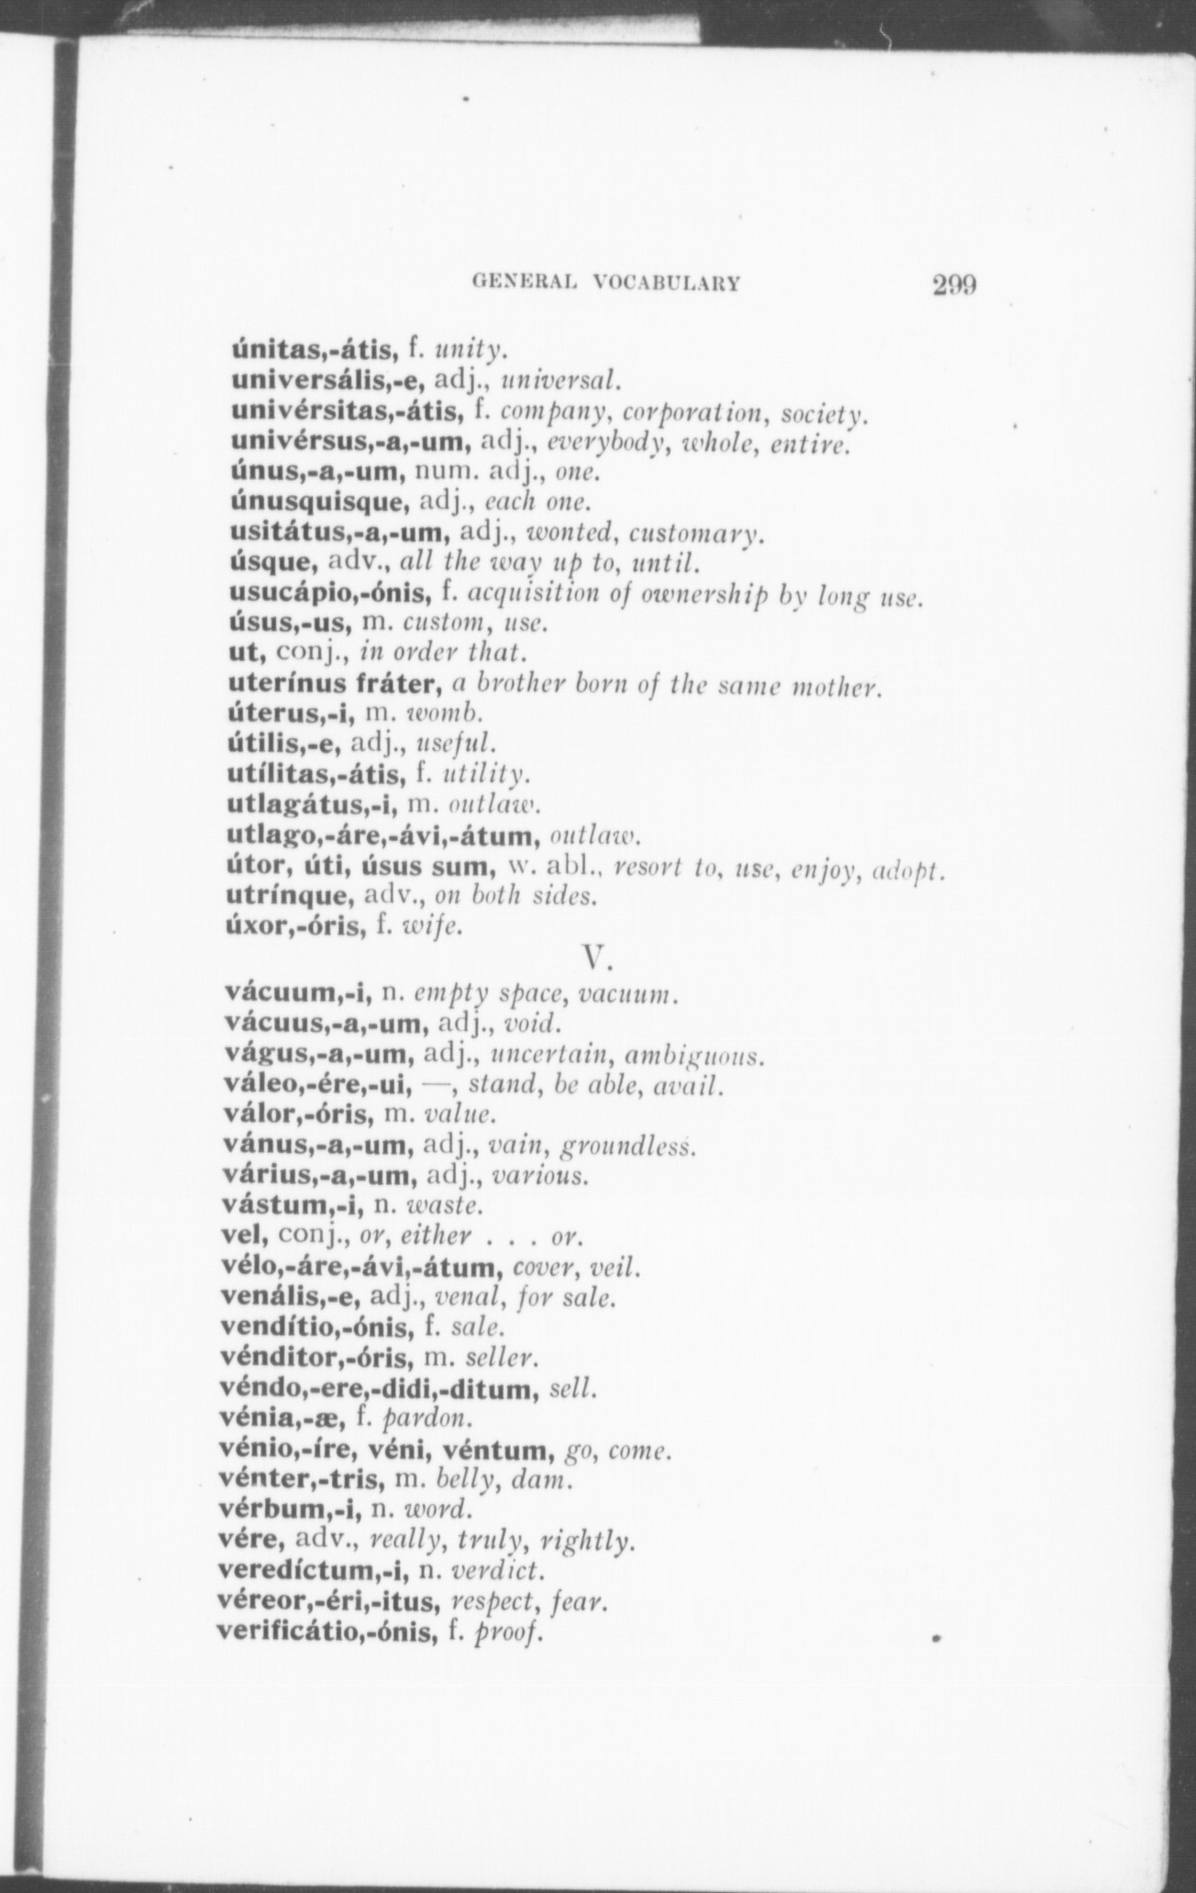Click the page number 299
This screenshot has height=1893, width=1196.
click(x=954, y=283)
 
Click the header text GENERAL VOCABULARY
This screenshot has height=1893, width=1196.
click(x=605, y=283)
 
